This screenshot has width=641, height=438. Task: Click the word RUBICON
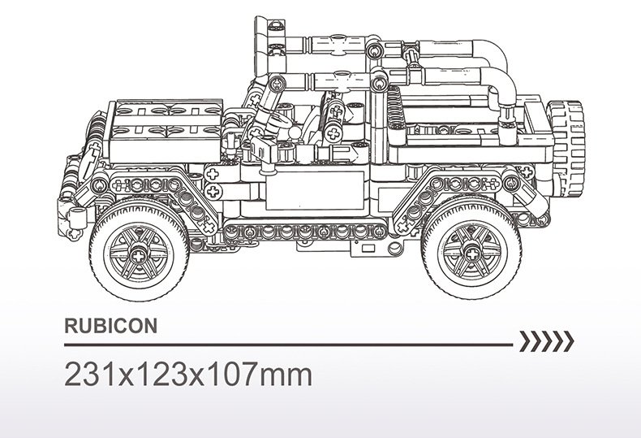click(x=111, y=326)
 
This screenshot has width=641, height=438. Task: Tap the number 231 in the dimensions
click(x=91, y=375)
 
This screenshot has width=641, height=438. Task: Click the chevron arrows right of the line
click(x=547, y=341)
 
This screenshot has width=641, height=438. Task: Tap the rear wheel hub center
click(x=471, y=254)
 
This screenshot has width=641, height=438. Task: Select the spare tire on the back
click(x=566, y=148)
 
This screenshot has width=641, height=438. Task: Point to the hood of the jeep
click(x=166, y=131)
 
